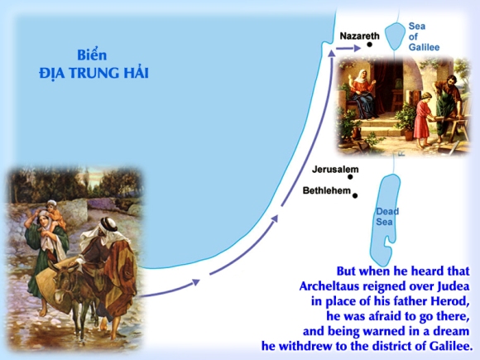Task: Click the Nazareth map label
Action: [x=360, y=36]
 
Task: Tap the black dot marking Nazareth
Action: [x=369, y=45]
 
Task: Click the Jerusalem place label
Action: [x=335, y=170]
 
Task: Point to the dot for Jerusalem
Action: [x=350, y=176]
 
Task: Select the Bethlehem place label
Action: [x=327, y=190]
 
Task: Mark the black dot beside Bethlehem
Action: [x=355, y=195]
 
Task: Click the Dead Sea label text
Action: [x=386, y=217]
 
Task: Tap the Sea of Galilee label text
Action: [x=423, y=36]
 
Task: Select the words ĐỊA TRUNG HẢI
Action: [x=94, y=73]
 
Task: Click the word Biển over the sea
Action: [x=92, y=55]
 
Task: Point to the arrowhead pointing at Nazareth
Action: [x=357, y=48]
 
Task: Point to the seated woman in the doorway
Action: [x=363, y=94]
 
